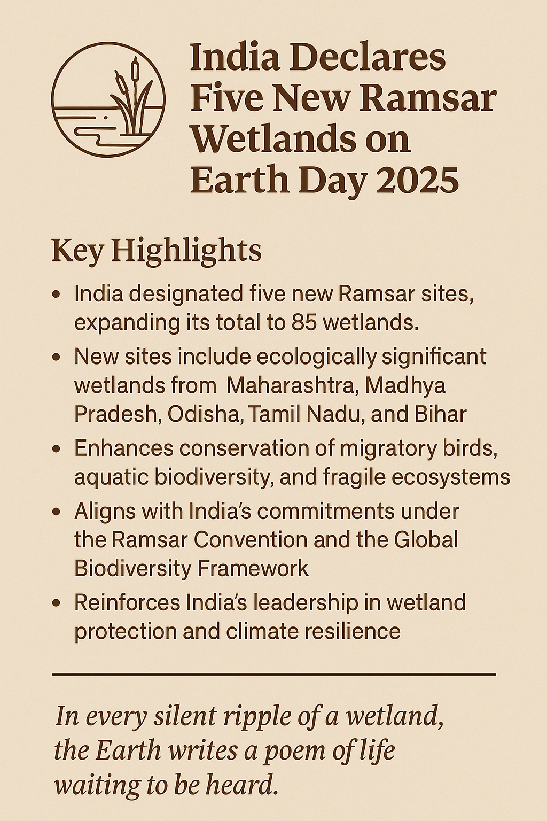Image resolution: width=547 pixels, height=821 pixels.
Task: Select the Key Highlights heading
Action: click(157, 251)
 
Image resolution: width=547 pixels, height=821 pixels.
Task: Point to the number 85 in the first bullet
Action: click(304, 323)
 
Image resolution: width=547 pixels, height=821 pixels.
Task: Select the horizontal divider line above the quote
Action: click(273, 674)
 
